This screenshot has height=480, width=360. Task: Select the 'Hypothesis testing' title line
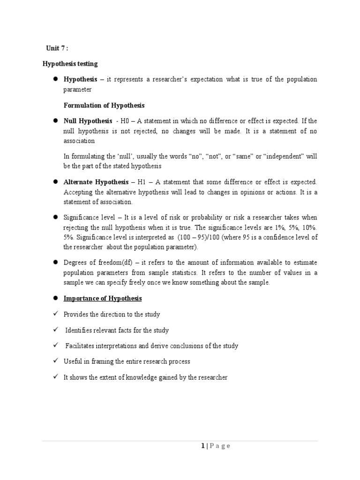tap(70, 64)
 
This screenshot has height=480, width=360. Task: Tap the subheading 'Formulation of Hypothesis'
tap(104, 105)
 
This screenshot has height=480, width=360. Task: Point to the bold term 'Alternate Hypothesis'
tap(97, 182)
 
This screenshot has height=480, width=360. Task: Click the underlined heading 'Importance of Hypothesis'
tap(103, 299)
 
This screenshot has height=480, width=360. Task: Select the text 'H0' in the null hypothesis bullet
tap(125, 120)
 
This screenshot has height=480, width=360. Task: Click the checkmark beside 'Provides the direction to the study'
tap(55, 314)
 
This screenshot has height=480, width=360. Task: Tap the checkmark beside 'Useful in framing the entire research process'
tap(55, 361)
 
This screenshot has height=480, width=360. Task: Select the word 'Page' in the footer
tap(219, 446)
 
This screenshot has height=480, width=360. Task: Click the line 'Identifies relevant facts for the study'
tap(117, 330)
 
